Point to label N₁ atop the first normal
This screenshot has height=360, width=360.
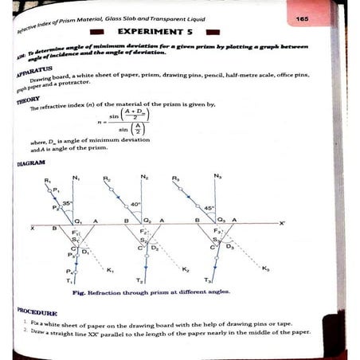click(x=76, y=177)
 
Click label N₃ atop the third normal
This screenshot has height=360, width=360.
click(x=217, y=175)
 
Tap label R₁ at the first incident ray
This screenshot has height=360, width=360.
click(x=49, y=179)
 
